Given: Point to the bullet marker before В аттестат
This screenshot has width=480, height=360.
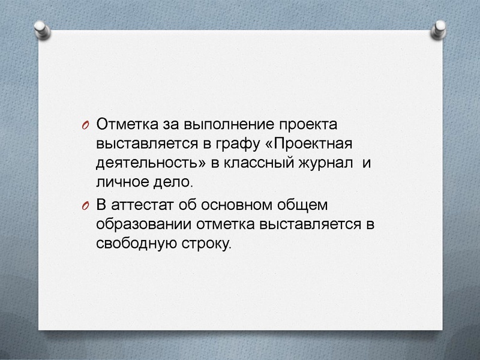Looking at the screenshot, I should click(85, 205).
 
